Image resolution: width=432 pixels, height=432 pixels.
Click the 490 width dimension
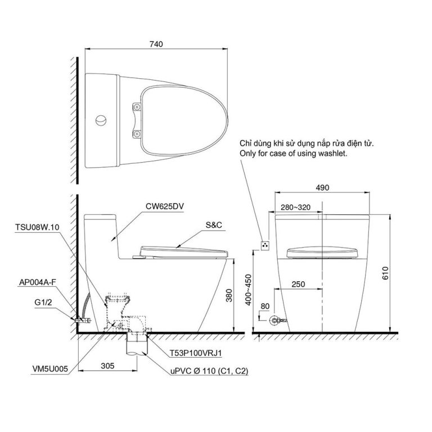[x=322, y=188]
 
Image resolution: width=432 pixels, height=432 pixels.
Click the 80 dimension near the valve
[x=265, y=307]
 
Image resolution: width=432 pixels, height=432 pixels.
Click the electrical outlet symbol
[x=266, y=245]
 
